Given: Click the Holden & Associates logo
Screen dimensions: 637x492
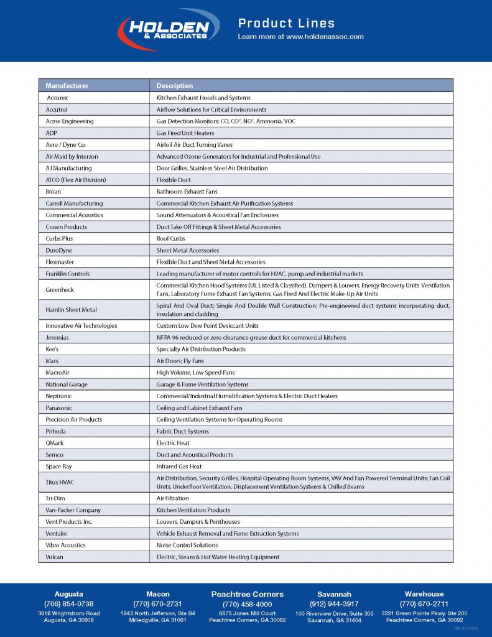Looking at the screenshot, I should coord(169,29).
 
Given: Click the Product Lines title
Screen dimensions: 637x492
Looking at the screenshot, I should coord(286,24).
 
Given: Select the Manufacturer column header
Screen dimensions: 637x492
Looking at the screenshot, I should coord(67,86).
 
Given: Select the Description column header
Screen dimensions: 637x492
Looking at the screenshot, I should coord(175,86).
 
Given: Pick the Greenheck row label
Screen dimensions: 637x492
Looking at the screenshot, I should coord(59,289).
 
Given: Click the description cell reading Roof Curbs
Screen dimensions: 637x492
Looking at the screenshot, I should coord(171,239).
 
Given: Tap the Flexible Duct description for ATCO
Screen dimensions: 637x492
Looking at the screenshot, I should coord(174,180).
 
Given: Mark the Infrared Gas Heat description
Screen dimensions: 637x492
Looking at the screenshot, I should coord(179,467).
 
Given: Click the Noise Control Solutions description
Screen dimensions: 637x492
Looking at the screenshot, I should coord(187,545).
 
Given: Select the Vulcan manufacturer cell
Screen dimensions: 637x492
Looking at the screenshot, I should coord(55,557).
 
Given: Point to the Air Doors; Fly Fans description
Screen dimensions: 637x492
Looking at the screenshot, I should coord(180,361).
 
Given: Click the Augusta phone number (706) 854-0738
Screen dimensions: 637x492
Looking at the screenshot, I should coord(68,604).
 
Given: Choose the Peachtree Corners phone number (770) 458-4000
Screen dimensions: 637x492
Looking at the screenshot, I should coord(248,605).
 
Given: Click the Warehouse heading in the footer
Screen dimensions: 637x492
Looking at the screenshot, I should coord(424,594).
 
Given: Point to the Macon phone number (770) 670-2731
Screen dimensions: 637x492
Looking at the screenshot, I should coord(157,604).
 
